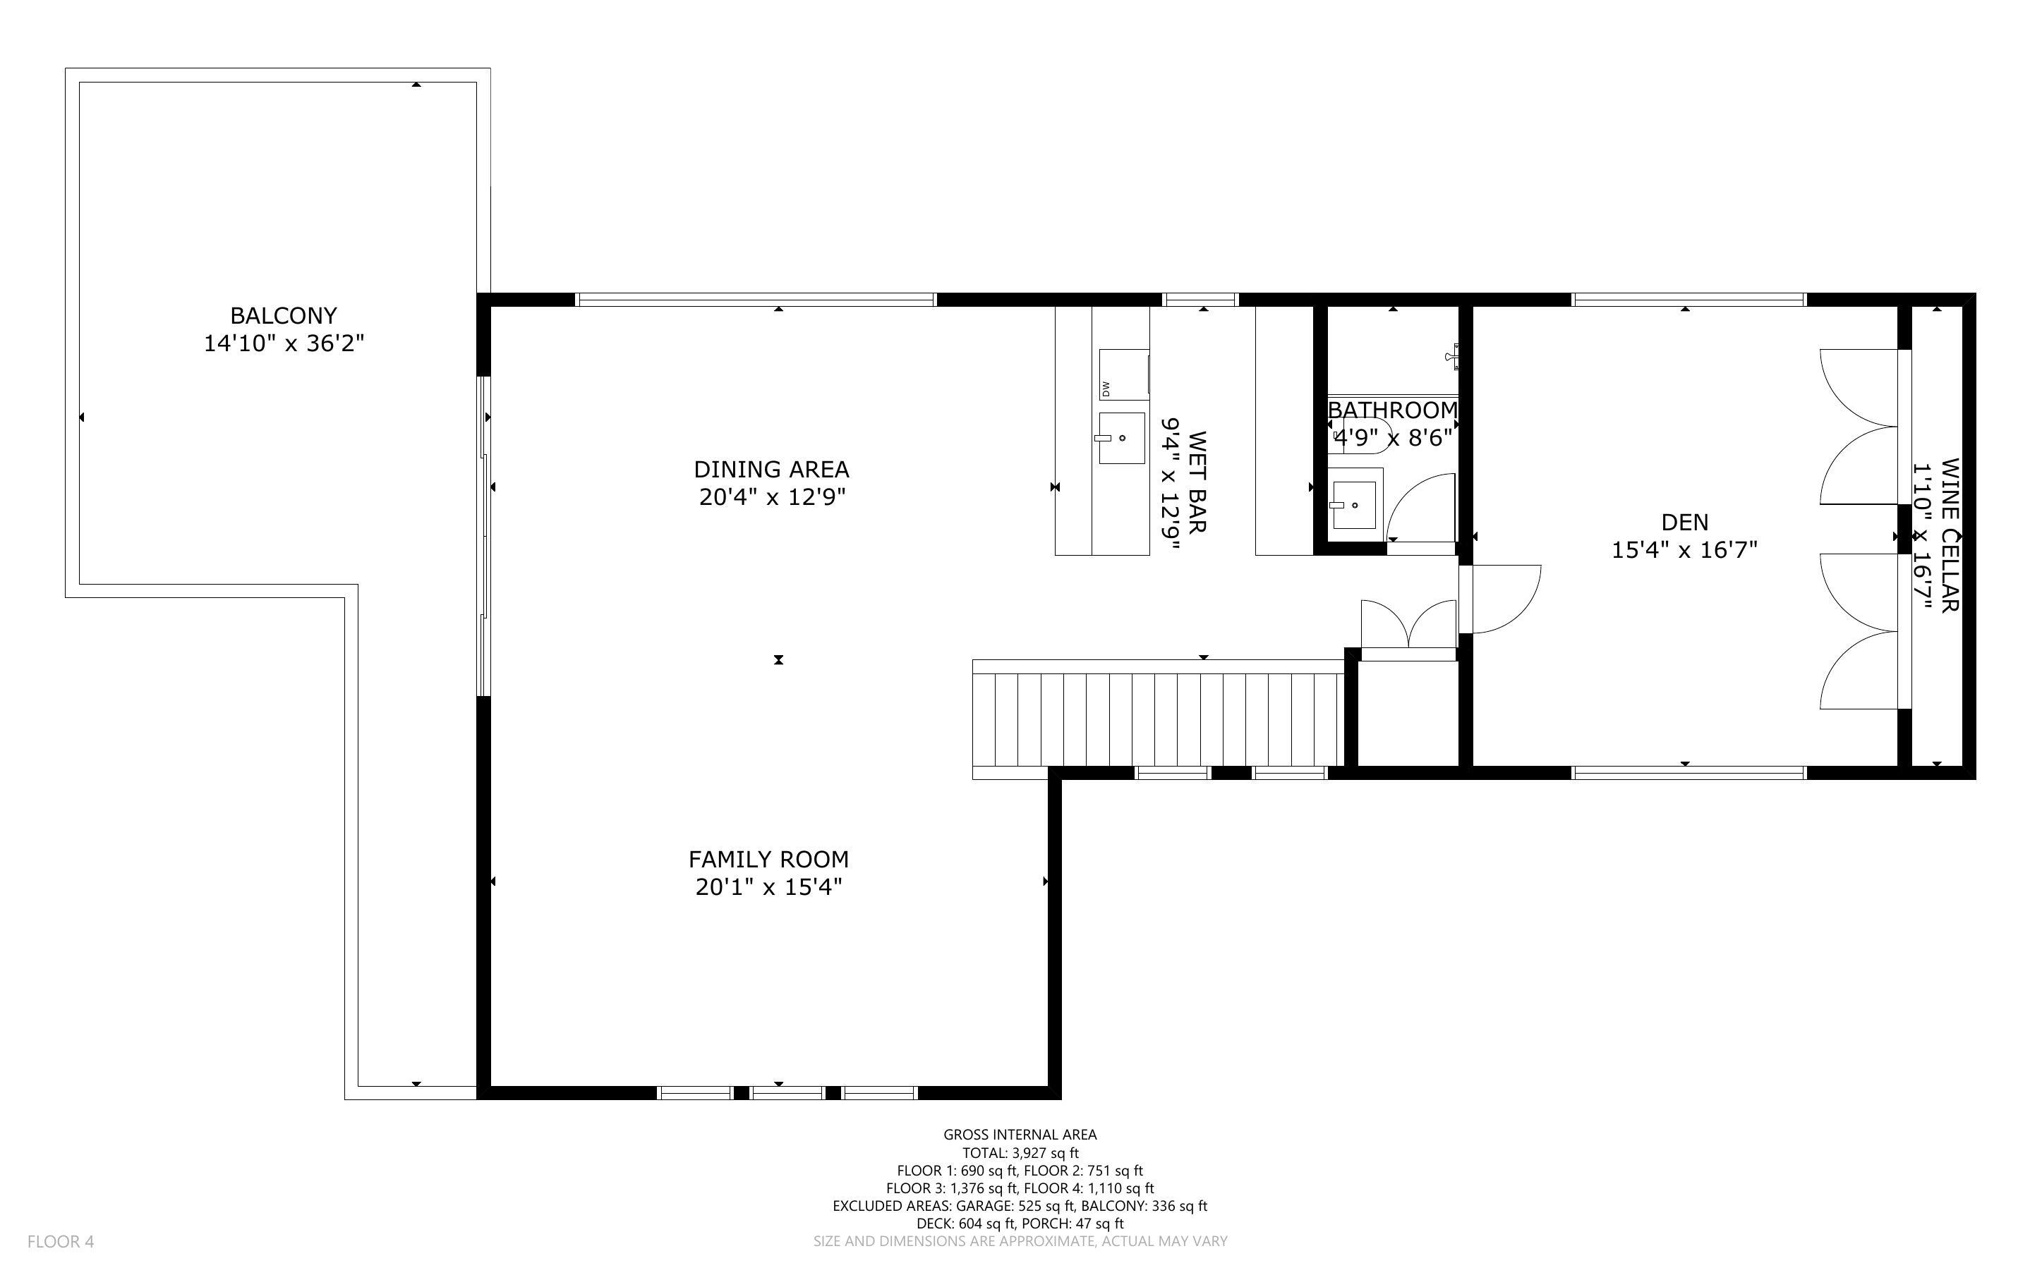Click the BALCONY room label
point(284,315)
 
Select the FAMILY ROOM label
point(768,859)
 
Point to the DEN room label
point(1684,522)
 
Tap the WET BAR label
point(1197,482)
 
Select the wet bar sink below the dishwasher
point(1121,438)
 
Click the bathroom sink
point(1354,505)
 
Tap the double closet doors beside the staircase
point(1408,624)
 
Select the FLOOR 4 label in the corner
point(61,1241)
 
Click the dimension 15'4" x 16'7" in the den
point(1684,551)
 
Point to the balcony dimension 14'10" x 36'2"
point(284,344)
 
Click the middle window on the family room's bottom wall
point(787,1093)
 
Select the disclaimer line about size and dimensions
point(1020,1241)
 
